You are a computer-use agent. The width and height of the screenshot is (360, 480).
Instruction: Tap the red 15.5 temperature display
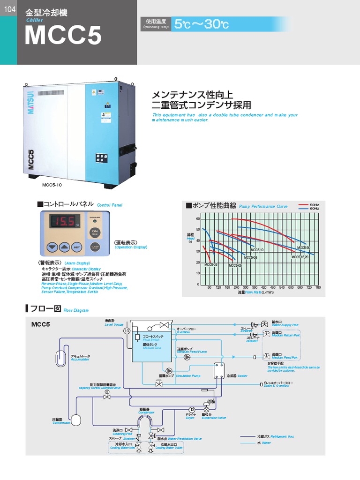pyautogui.click(x=62, y=222)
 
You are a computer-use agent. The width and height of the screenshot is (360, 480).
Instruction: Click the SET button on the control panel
pyautogui.click(x=77, y=247)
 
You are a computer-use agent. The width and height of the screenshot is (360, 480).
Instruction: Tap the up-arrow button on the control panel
pyautogui.click(x=65, y=247)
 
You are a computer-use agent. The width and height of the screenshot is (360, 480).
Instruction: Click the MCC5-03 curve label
pyautogui.click(x=211, y=265)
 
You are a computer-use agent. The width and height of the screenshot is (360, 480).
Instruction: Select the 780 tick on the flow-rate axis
pyautogui.click(x=318, y=287)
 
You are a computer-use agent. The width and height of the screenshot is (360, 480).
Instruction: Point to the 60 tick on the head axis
pyautogui.click(x=198, y=219)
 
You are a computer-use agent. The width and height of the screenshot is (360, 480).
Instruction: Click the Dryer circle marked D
pyautogui.click(x=192, y=409)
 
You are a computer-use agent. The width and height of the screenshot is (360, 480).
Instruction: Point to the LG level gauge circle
pyautogui.click(x=126, y=331)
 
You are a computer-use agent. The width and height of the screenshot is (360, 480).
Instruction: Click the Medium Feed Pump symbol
pyautogui.click(x=187, y=357)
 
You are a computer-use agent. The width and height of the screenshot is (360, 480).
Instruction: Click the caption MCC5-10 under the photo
pyautogui.click(x=52, y=185)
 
